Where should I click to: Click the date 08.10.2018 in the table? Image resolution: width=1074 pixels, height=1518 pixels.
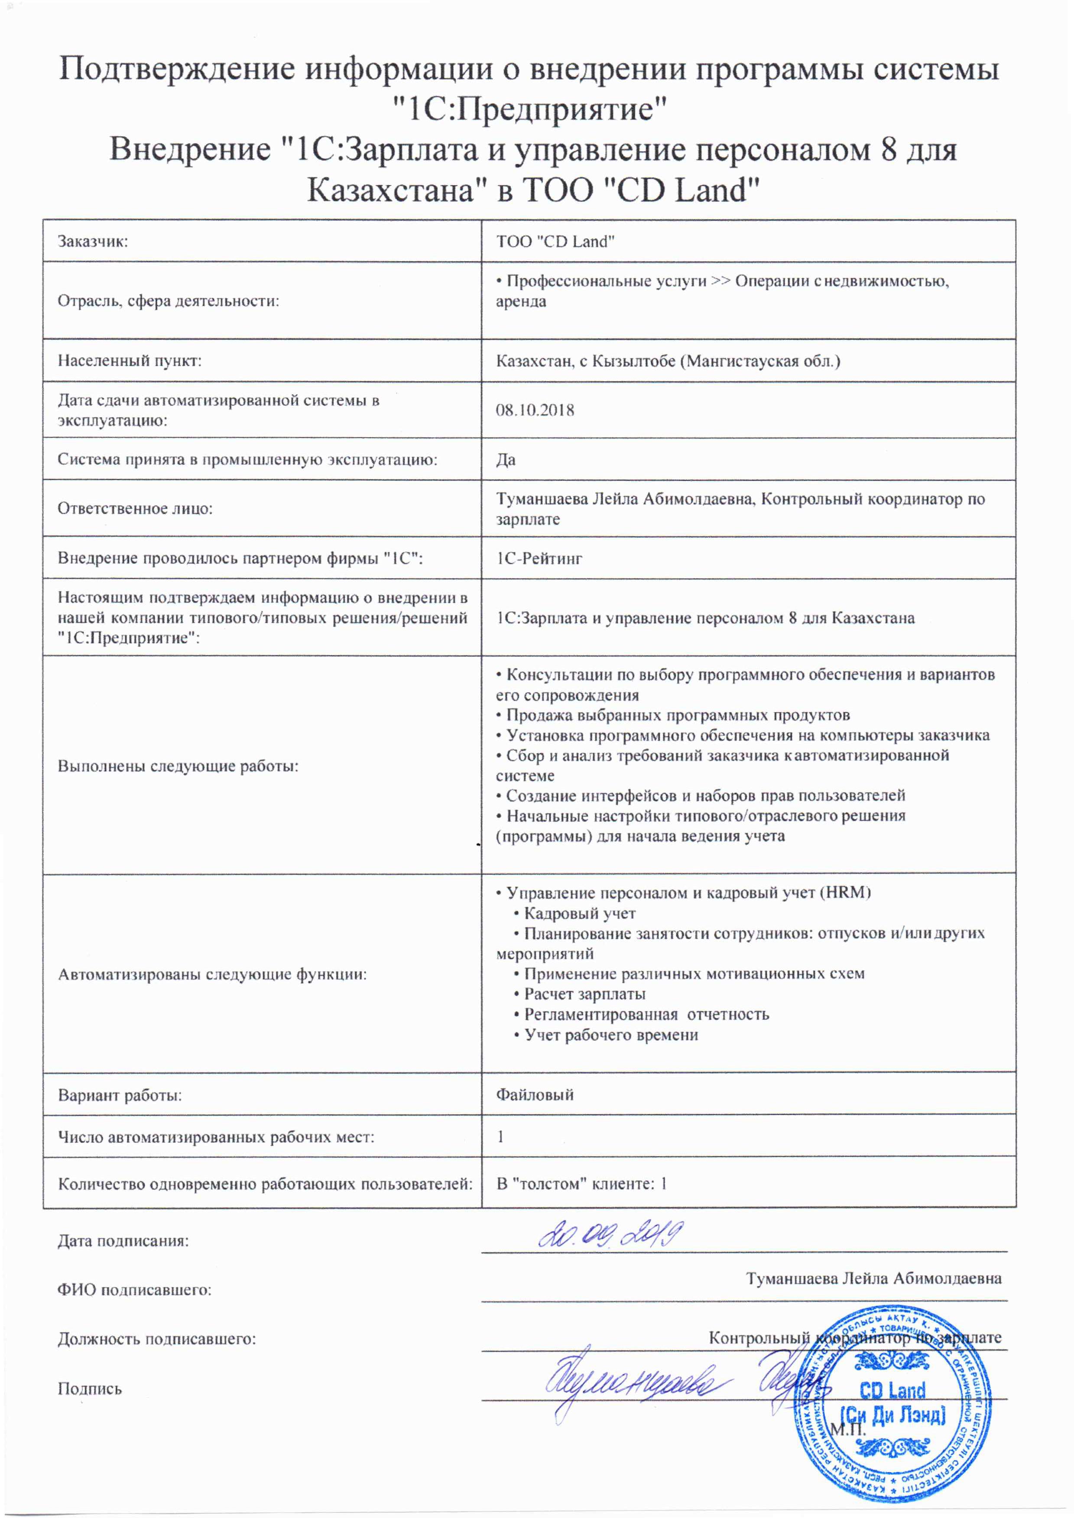tap(535, 410)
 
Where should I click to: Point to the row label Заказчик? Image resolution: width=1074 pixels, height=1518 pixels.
tap(93, 241)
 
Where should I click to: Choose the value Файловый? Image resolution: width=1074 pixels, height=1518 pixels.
tap(535, 1095)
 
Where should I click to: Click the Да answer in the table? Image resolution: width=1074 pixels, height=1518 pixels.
tap(506, 460)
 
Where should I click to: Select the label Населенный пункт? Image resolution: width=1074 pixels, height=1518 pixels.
tap(130, 361)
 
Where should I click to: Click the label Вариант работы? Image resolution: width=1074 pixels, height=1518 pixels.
tap(120, 1095)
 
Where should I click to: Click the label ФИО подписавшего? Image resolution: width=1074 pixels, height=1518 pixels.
tap(134, 1290)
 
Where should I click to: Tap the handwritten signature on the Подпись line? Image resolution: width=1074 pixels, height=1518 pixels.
tap(635, 1382)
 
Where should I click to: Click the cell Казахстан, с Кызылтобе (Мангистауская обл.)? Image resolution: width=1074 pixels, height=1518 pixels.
tap(668, 361)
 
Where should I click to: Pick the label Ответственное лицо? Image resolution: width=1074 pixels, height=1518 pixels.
tap(135, 509)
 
